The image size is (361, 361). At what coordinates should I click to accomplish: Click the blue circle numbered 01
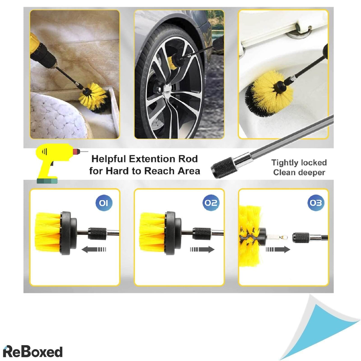[x=103, y=203]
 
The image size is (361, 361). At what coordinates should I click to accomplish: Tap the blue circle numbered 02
[x=211, y=203]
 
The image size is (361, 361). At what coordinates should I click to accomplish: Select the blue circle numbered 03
[x=316, y=203]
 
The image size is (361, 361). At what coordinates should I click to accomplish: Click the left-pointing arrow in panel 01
[x=94, y=249]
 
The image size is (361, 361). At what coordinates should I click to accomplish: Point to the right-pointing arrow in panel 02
[x=202, y=249]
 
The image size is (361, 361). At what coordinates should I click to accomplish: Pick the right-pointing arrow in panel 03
[x=278, y=249]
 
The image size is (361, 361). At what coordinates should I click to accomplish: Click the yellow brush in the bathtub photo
[x=95, y=98]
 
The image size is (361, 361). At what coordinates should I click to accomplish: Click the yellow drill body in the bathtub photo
[x=42, y=53]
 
